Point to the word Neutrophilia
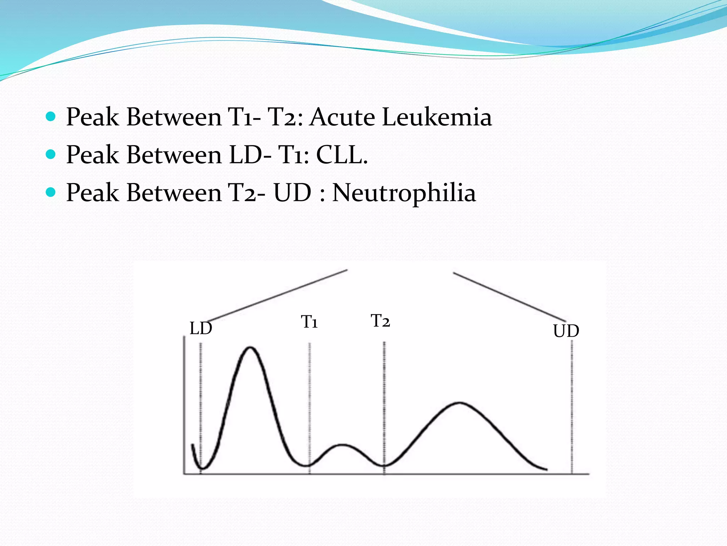404,193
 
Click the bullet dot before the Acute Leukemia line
51,116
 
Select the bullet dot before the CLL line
51,154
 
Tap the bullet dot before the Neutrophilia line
51,192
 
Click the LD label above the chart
201,328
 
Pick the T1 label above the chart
309,322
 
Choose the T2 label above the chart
380,321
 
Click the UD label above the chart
566,331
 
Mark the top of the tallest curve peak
250,347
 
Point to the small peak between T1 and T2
342,445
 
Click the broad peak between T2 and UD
460,403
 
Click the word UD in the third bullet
292,193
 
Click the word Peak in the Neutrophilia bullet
92,193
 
